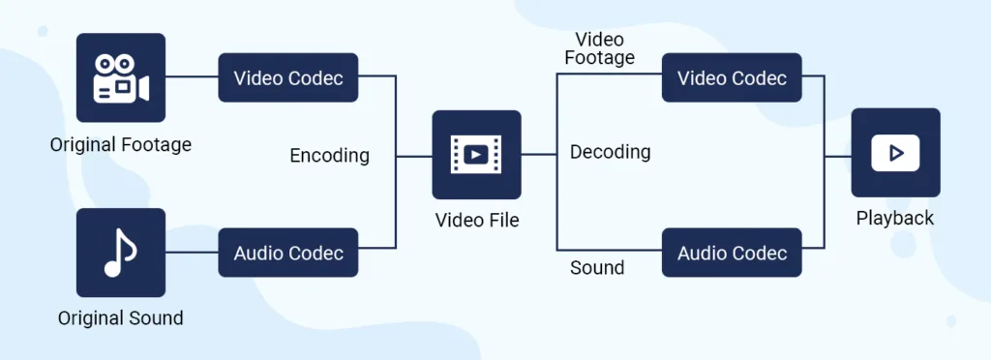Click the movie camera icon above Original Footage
tap(121, 77)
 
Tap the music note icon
tap(121, 253)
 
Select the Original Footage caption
tap(121, 145)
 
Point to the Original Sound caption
tap(121, 317)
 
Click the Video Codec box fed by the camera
tap(288, 77)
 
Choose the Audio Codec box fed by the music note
tap(288, 254)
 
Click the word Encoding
tap(329, 155)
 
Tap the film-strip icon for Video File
tap(476, 154)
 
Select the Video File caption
tap(476, 221)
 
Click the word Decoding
tap(610, 152)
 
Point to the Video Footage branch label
tap(600, 48)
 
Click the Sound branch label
tap(597, 268)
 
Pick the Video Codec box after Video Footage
tap(732, 77)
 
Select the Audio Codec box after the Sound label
tap(732, 254)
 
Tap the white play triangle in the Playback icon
tap(896, 153)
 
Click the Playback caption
tap(895, 219)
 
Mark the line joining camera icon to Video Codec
tap(192, 76)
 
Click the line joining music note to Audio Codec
tap(192, 254)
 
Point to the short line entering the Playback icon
tap(837, 154)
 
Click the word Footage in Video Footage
tap(600, 58)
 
